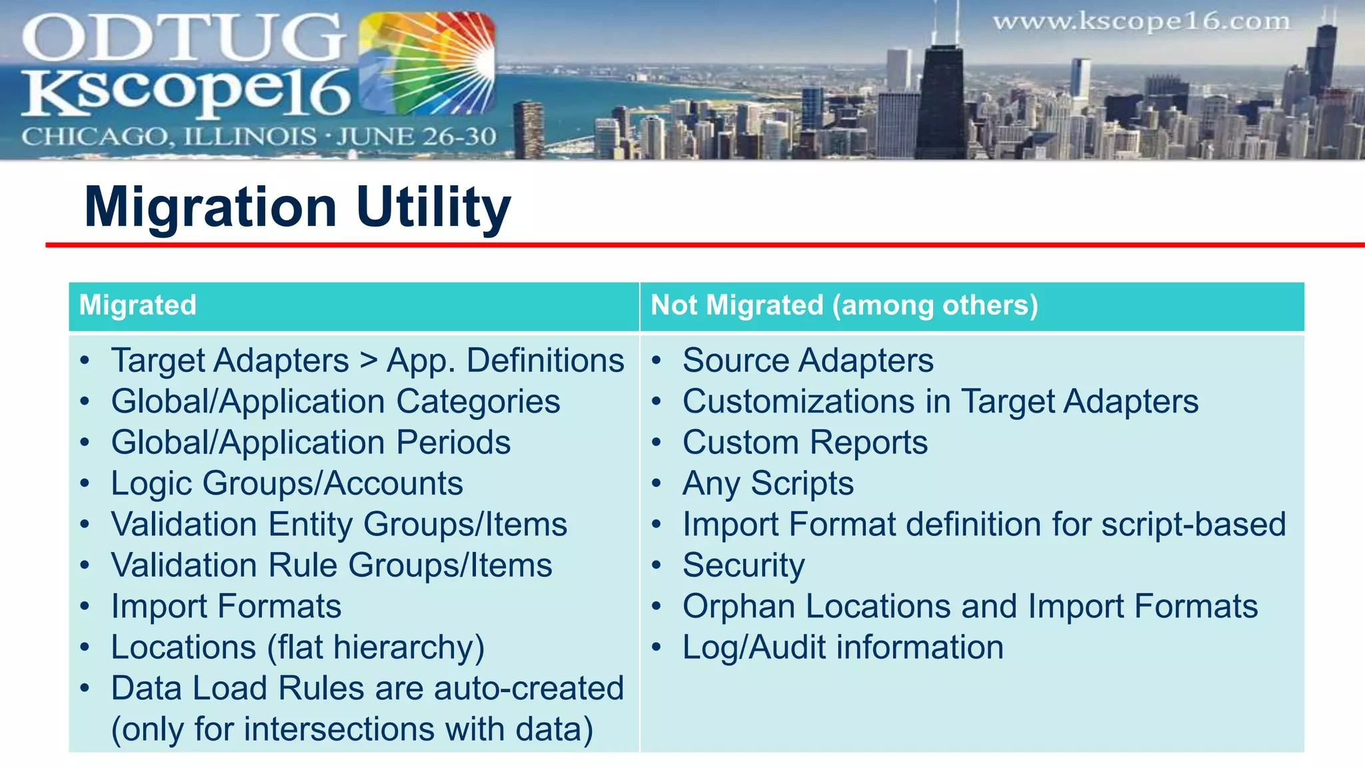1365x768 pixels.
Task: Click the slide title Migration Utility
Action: pos(297,207)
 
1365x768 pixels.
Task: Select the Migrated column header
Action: pos(138,305)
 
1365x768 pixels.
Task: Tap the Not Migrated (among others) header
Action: pos(844,305)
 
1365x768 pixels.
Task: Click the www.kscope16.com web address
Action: pos(1141,22)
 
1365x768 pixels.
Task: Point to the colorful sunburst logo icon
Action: pos(427,63)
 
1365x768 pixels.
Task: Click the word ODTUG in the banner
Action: pos(183,38)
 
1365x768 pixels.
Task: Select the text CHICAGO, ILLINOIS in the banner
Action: pos(169,137)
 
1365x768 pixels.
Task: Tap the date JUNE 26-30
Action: pos(417,137)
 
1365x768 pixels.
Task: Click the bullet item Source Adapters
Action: pos(808,361)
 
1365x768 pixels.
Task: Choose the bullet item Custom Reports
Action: pos(804,443)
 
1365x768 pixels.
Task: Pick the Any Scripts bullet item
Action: pos(768,483)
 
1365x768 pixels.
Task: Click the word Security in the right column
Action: pos(743,565)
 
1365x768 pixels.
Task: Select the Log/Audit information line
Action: pos(842,647)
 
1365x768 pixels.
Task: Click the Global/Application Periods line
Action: pos(311,443)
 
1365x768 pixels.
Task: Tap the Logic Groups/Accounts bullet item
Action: pos(287,483)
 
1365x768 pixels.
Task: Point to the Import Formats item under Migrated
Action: pos(226,607)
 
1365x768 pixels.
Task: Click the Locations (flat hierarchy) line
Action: pos(297,647)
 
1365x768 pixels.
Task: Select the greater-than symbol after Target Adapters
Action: pos(368,361)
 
